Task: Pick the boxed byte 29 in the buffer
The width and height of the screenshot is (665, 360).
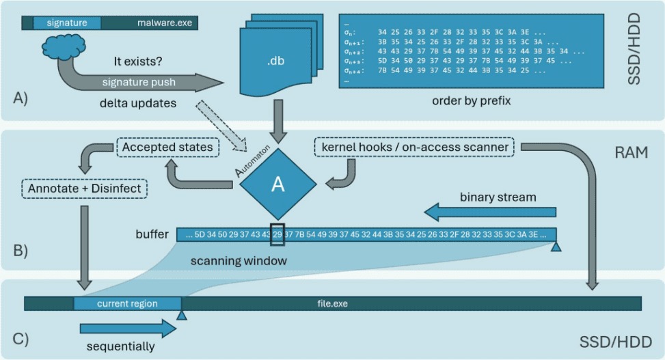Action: [277, 234]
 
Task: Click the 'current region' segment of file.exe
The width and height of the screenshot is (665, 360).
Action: [127, 303]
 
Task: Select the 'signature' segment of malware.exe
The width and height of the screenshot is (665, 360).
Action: [66, 23]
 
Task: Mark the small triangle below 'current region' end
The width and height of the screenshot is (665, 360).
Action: [181, 315]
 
